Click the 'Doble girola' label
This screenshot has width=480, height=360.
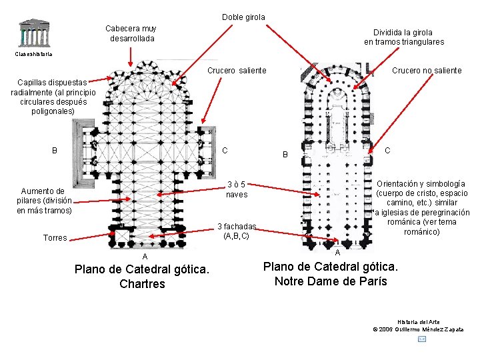(243, 17)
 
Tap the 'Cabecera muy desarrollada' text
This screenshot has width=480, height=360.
(131, 33)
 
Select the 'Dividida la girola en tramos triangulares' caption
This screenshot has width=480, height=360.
(403, 37)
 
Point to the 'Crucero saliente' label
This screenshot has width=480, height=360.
(237, 71)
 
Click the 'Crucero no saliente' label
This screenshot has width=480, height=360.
(427, 71)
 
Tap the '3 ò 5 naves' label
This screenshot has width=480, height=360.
(237, 189)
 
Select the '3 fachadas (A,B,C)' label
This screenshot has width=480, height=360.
(237, 231)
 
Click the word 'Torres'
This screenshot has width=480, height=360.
(55, 238)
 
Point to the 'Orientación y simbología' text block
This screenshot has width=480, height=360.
(421, 207)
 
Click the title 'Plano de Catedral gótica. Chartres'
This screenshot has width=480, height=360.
(142, 277)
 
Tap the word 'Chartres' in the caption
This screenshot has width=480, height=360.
(142, 284)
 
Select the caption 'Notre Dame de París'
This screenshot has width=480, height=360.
(331, 281)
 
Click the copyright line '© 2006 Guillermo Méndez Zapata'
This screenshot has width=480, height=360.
(419, 329)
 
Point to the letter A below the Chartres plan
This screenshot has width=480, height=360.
(145, 257)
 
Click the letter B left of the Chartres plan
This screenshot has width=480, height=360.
(55, 151)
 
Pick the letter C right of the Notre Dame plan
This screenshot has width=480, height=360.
(387, 151)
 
